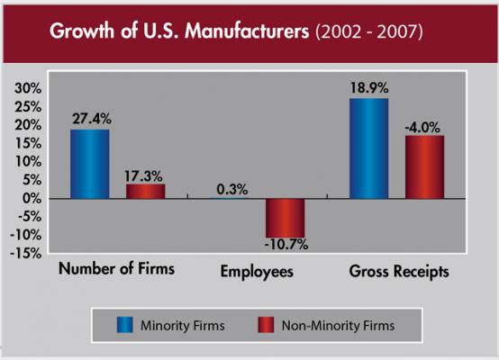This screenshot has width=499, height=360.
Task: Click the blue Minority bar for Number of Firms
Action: [90, 164]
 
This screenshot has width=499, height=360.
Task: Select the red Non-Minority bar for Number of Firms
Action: [144, 191]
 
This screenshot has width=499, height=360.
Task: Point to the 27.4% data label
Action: [90, 117]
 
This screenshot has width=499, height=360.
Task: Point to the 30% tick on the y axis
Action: [27, 88]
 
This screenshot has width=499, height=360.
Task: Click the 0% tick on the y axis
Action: [32, 198]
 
